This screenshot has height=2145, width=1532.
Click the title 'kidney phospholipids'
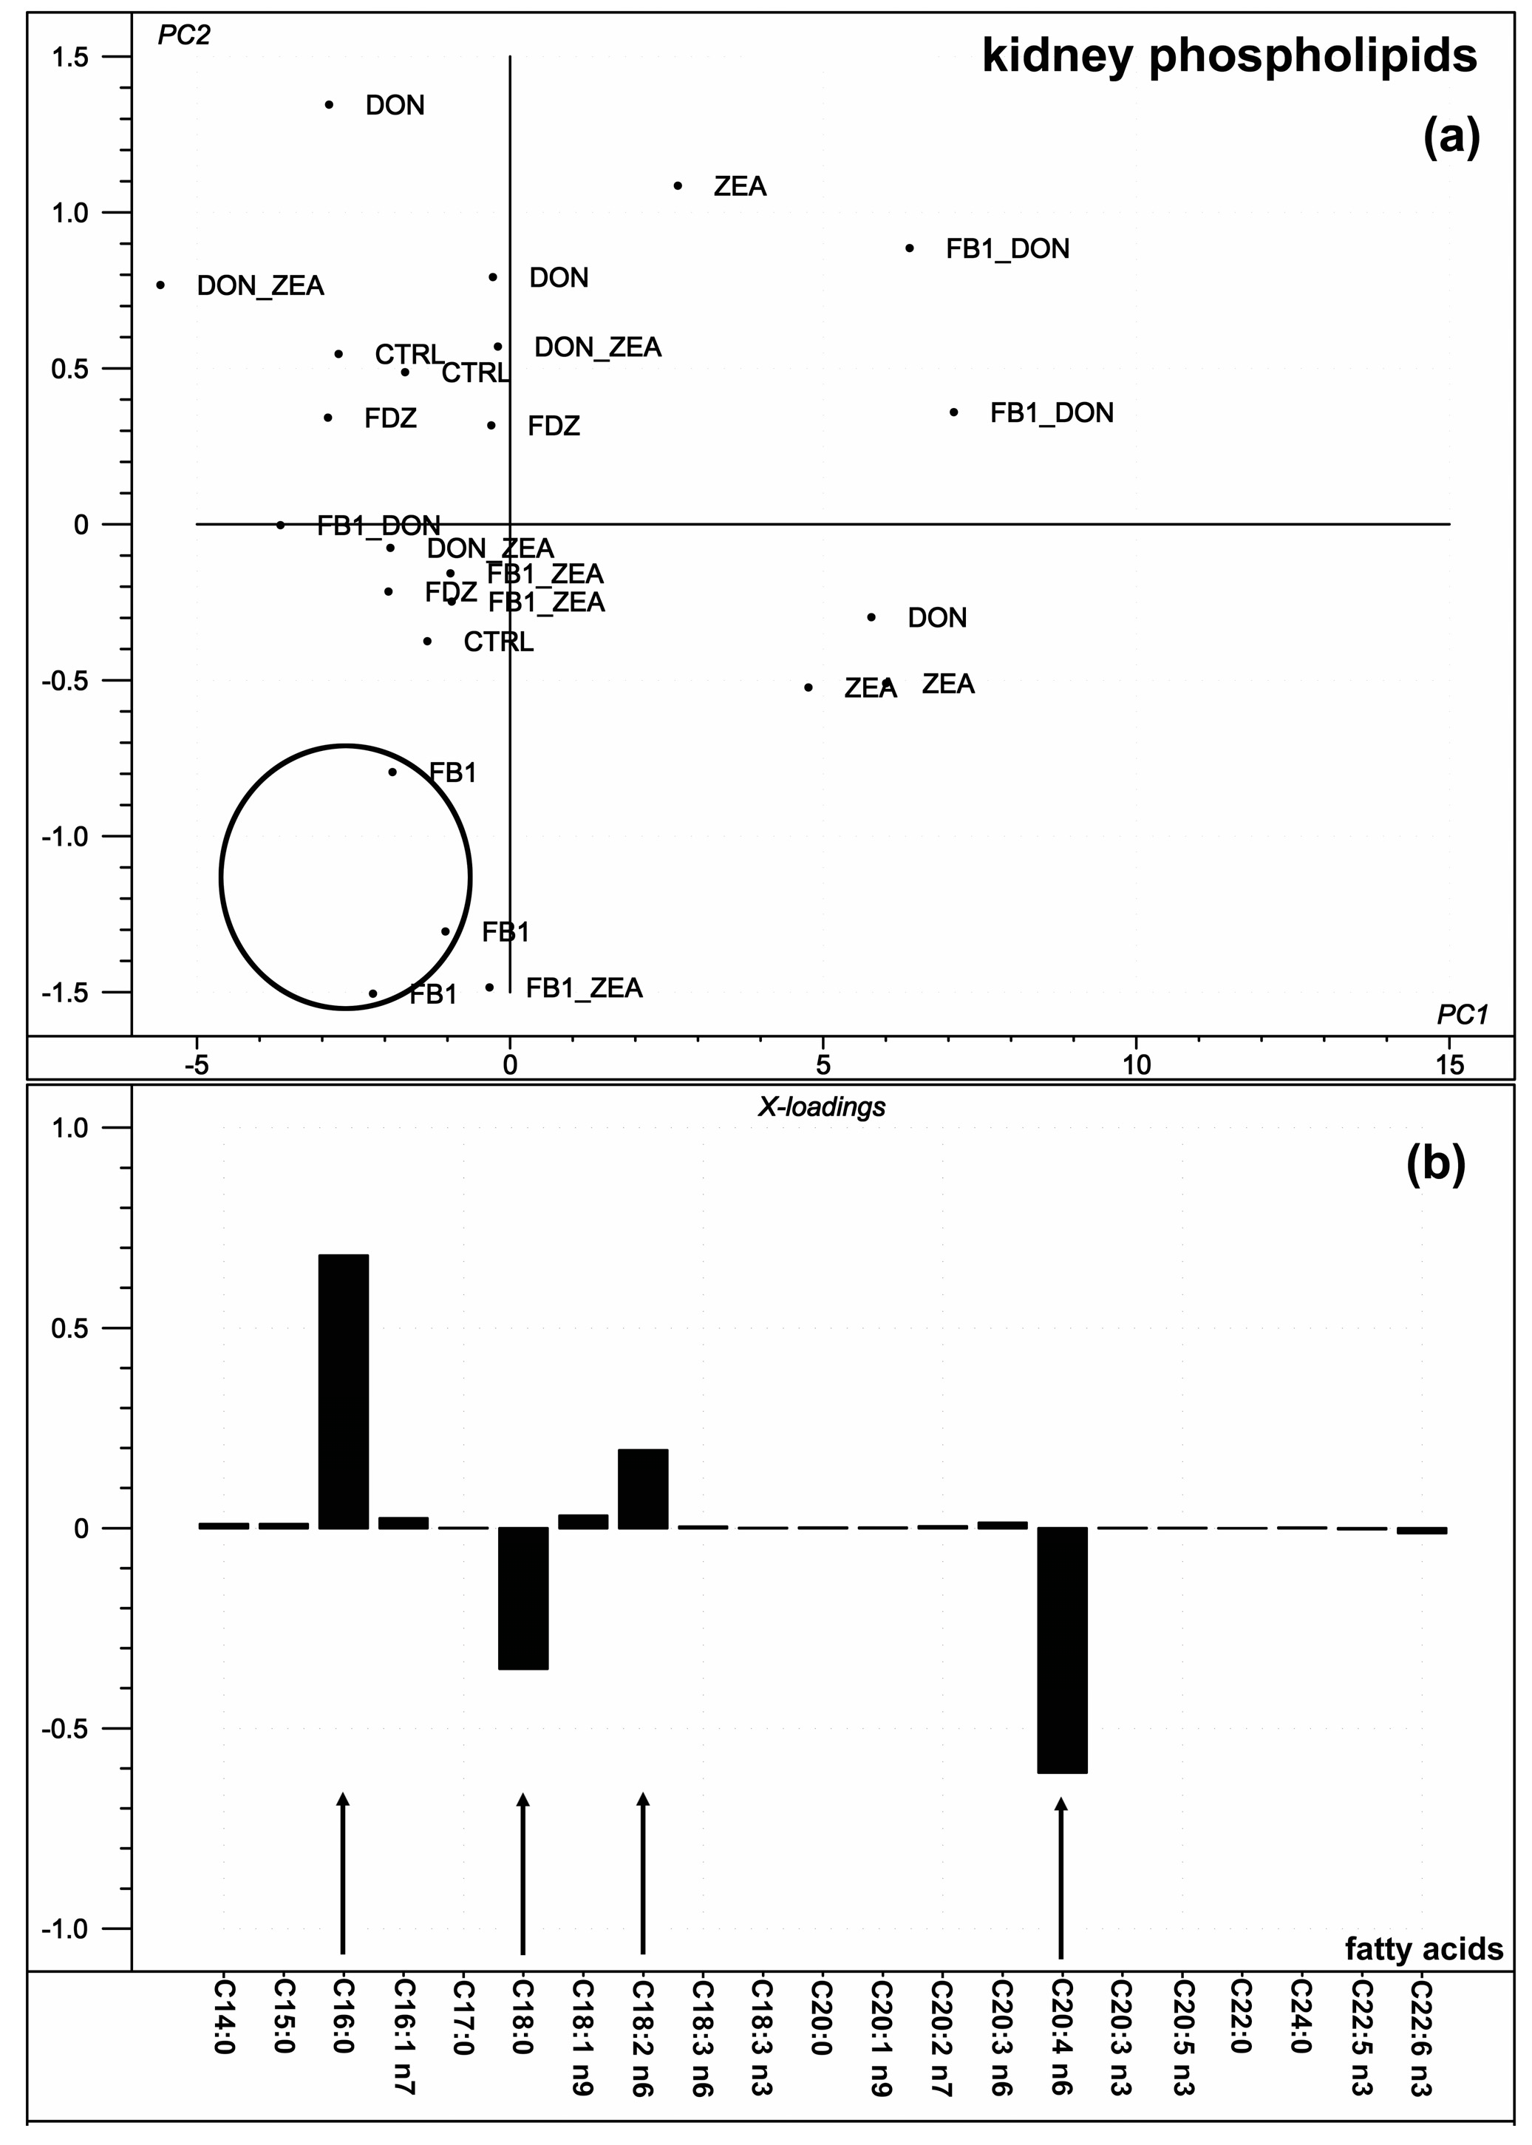[1228, 57]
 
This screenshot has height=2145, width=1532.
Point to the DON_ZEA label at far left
[259, 286]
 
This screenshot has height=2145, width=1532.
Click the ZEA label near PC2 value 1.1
[740, 187]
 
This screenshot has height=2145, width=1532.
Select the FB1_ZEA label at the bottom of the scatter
[584, 988]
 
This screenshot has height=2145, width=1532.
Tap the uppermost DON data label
[395, 106]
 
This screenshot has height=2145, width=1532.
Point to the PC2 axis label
[184, 35]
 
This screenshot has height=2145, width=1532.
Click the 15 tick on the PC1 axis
[1449, 1066]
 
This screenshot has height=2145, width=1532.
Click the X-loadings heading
[822, 1107]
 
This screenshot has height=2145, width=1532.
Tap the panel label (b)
[1436, 1164]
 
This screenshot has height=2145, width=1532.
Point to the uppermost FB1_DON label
[1007, 249]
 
